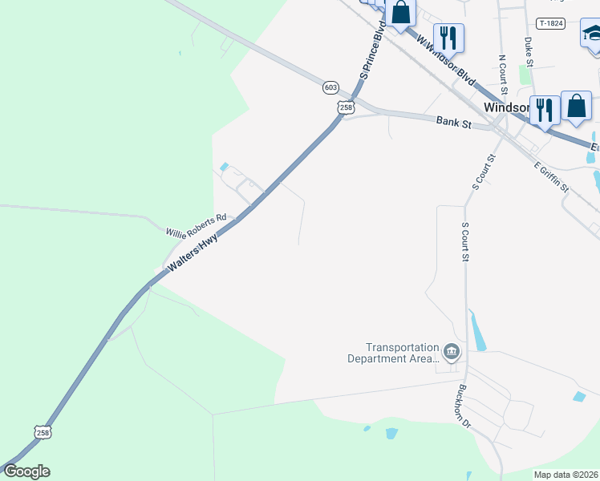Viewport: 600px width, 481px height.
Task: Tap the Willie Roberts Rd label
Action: tap(197, 225)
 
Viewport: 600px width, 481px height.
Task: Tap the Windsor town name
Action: tap(506, 107)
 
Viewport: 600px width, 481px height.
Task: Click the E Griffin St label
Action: tap(551, 176)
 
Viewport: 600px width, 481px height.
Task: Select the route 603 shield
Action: tap(331, 87)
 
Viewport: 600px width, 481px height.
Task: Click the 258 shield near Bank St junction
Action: tap(346, 107)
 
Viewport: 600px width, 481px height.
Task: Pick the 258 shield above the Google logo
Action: tap(43, 432)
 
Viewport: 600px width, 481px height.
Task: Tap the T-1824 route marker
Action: tap(551, 23)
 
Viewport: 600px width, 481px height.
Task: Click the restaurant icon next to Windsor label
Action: tap(545, 109)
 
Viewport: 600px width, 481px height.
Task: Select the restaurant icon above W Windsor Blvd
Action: tap(448, 38)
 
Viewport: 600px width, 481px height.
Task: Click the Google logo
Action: tap(26, 471)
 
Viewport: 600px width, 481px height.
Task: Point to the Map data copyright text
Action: tap(566, 475)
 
